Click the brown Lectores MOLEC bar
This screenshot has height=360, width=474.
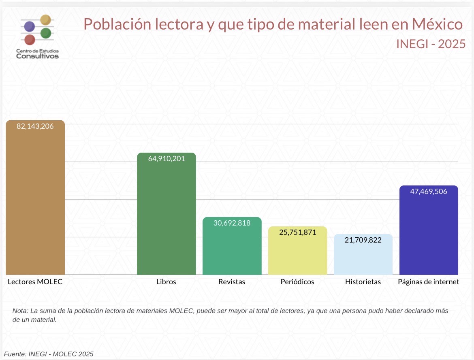[x=35, y=202]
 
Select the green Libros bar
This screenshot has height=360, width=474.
[x=167, y=219]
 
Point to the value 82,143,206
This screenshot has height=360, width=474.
[x=35, y=126]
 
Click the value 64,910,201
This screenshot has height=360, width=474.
[x=167, y=159]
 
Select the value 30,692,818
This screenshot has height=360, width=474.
[x=232, y=223]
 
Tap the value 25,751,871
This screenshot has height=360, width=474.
[x=297, y=232]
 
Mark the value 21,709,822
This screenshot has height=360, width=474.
[x=363, y=240]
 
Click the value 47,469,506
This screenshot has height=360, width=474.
[x=429, y=192]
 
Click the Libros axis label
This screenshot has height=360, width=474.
[x=166, y=282]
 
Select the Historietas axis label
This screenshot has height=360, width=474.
[x=363, y=282]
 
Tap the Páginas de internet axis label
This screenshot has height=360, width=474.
[x=429, y=282]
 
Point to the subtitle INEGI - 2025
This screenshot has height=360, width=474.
[x=431, y=44]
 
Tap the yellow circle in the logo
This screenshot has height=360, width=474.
[x=46, y=19]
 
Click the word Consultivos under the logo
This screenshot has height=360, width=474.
[x=37, y=56]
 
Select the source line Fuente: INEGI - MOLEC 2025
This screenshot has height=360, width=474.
[x=49, y=354]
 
